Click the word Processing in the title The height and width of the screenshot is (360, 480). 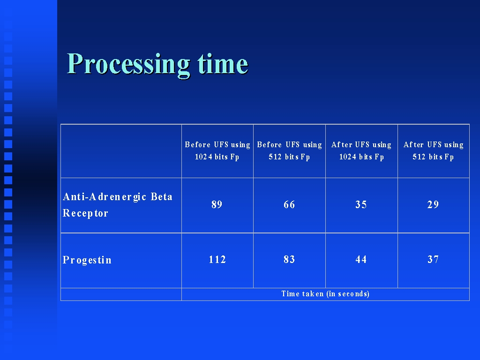pos(128,65)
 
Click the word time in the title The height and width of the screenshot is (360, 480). pos(223,64)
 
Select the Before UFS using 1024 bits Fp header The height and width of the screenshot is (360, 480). pos(217,150)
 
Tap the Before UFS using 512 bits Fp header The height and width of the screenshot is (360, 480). pos(289,150)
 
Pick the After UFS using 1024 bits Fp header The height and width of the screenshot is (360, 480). pos(361,150)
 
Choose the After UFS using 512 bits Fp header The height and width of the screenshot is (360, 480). pos(433,150)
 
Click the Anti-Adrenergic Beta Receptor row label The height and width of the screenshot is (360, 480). pos(118,205)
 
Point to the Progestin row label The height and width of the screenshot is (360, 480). pos(87,260)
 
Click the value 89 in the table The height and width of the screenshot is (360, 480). pos(217,204)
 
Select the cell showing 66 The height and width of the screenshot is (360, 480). pos(289,204)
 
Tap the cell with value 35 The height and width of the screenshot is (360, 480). pos(361,204)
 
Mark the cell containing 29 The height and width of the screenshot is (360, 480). pos(433,204)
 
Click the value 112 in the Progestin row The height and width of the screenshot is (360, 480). pos(217,260)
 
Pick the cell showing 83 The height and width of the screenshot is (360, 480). pos(289,260)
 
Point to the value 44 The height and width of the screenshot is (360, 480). pos(361,260)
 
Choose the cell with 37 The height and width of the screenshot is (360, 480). pos(433,260)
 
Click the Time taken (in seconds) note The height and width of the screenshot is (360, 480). pos(325,294)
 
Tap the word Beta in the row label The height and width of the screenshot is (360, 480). pos(162,196)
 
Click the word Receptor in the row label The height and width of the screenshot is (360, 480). pos(85,213)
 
